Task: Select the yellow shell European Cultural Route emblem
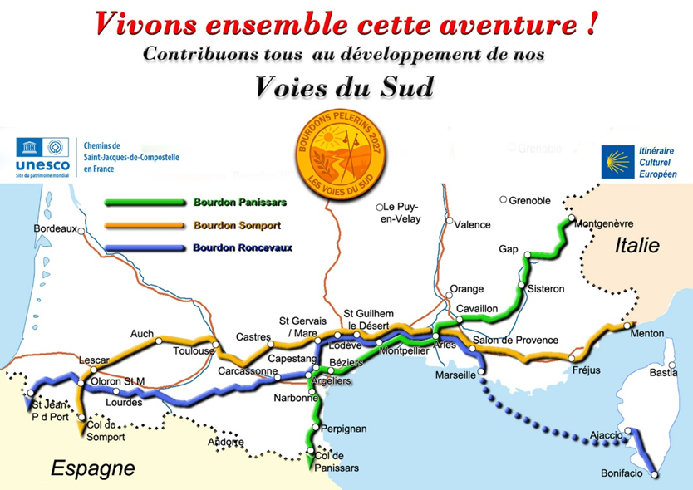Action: (618, 163)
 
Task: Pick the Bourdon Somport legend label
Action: (236, 225)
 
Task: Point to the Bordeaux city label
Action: (54, 228)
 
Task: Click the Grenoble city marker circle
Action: (503, 200)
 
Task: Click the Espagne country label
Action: (93, 468)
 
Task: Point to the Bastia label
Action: (663, 373)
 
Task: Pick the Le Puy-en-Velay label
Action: (402, 213)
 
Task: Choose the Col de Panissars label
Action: (337, 463)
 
